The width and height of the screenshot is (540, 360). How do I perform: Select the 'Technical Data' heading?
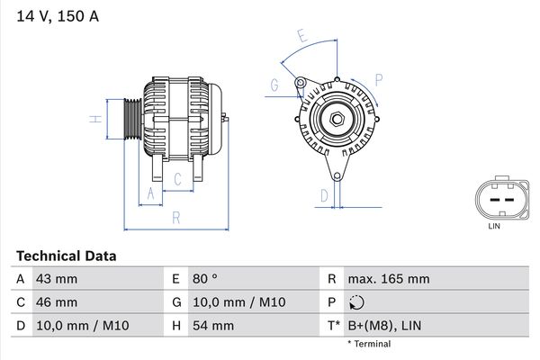[x=65, y=256]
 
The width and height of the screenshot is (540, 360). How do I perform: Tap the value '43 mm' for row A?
[x=56, y=279]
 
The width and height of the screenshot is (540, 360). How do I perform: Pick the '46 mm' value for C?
[x=56, y=301]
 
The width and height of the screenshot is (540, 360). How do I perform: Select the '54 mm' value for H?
[x=211, y=325]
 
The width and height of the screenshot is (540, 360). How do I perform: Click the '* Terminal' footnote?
[x=369, y=344]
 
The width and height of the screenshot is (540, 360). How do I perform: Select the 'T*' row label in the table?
[x=334, y=325]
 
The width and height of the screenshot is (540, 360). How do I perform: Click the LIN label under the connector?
[x=493, y=226]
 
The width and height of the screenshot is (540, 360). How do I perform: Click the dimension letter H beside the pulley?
[x=93, y=119]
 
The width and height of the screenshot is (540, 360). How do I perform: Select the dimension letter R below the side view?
[x=176, y=218]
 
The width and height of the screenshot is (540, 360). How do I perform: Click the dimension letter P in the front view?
[x=378, y=80]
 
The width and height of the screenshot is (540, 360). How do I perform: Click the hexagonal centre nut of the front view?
[x=334, y=121]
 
